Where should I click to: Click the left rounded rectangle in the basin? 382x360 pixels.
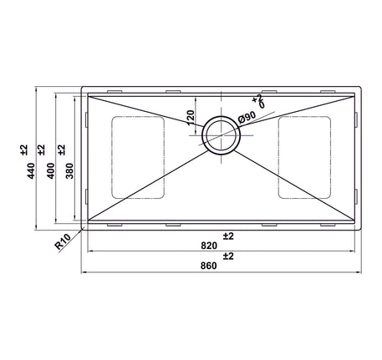coord(138,157)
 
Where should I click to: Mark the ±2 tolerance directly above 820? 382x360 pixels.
coord(227,236)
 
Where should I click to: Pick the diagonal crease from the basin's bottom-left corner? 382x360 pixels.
coord(142,185)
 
